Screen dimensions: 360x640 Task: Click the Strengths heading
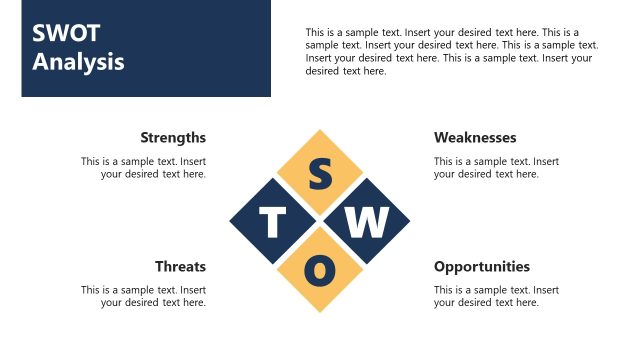[173, 137]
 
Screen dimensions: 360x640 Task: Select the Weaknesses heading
[475, 137]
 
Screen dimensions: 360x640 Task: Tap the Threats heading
[180, 266]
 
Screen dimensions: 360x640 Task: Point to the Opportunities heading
[482, 266]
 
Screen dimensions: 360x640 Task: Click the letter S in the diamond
[320, 174]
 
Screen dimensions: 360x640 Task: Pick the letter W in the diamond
[366, 222]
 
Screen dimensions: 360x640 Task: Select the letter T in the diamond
[273, 222]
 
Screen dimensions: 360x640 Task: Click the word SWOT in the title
[66, 32]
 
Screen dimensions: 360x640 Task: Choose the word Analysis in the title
[78, 61]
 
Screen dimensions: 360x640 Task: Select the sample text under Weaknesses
[496, 167]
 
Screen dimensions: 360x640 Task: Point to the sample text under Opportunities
[496, 296]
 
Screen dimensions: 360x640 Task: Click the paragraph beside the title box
[451, 51]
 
